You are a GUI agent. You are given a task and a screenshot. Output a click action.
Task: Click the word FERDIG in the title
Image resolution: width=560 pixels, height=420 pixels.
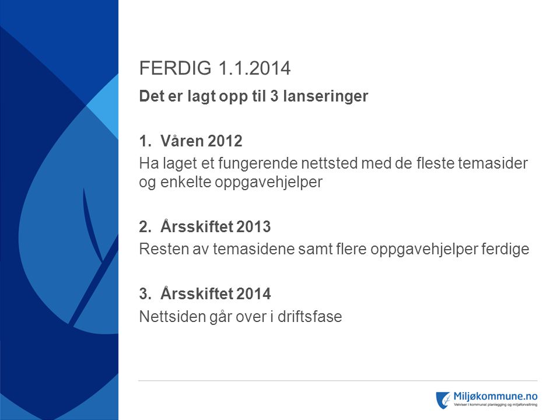[175, 68]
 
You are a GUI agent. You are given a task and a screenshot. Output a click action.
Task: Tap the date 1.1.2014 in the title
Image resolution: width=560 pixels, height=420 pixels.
[254, 68]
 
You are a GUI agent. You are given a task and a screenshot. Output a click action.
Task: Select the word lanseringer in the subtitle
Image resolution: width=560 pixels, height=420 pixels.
[325, 96]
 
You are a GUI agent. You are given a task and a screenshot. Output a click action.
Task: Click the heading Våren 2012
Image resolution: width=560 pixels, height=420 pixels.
[201, 141]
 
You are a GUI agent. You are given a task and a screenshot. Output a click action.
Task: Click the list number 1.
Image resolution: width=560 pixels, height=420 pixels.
[145, 141]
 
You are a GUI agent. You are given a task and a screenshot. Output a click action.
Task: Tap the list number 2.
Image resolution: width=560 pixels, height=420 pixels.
[145, 227]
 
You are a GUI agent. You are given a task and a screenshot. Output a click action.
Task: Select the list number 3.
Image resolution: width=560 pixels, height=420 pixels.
[145, 294]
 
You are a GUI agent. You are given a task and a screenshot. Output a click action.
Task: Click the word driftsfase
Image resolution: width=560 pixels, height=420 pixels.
[310, 316]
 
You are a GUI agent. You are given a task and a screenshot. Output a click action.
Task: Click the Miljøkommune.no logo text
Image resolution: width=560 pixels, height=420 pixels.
[495, 397]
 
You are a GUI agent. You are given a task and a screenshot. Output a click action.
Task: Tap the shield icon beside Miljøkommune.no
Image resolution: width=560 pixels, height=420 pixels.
[443, 400]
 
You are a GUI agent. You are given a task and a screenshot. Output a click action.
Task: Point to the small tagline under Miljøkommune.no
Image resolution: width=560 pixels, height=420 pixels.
[495, 405]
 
